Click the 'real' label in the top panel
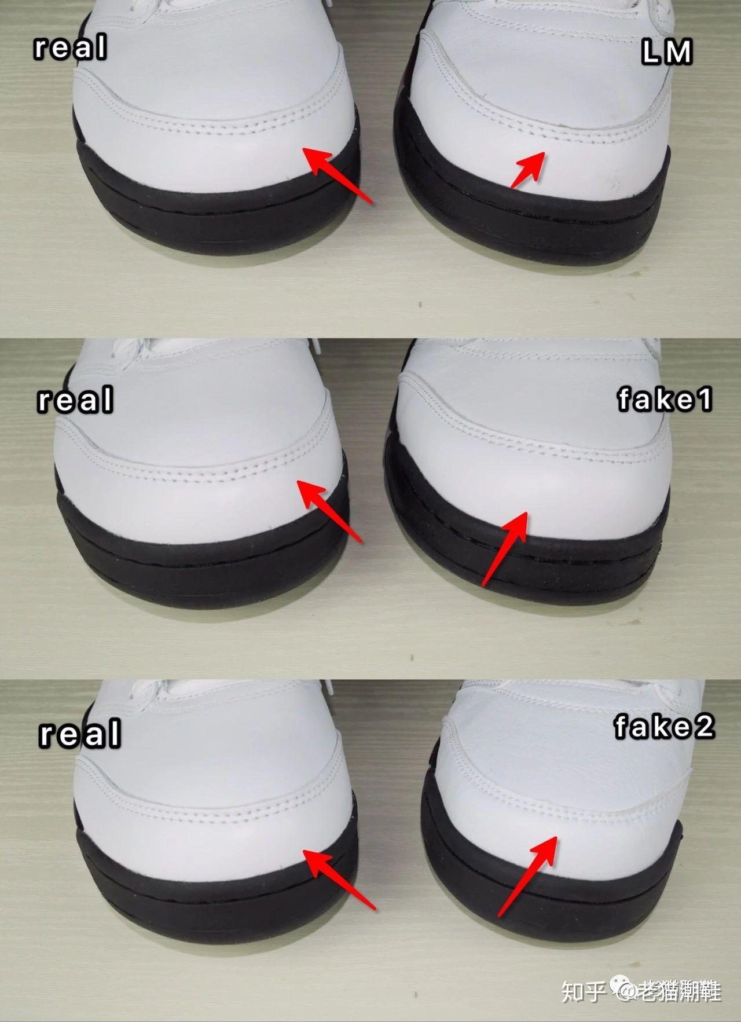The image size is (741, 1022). pos(71,47)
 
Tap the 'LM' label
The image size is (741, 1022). pos(667,53)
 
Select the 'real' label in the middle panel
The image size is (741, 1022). pos(75,400)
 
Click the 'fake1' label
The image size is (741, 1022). pos(665,400)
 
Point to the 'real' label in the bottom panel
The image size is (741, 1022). pos(80,733)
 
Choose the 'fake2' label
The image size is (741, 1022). pos(665,727)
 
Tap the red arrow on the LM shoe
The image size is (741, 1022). pos(527,170)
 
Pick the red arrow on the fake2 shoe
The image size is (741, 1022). pos(527,877)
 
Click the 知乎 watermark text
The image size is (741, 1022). pos(583,991)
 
